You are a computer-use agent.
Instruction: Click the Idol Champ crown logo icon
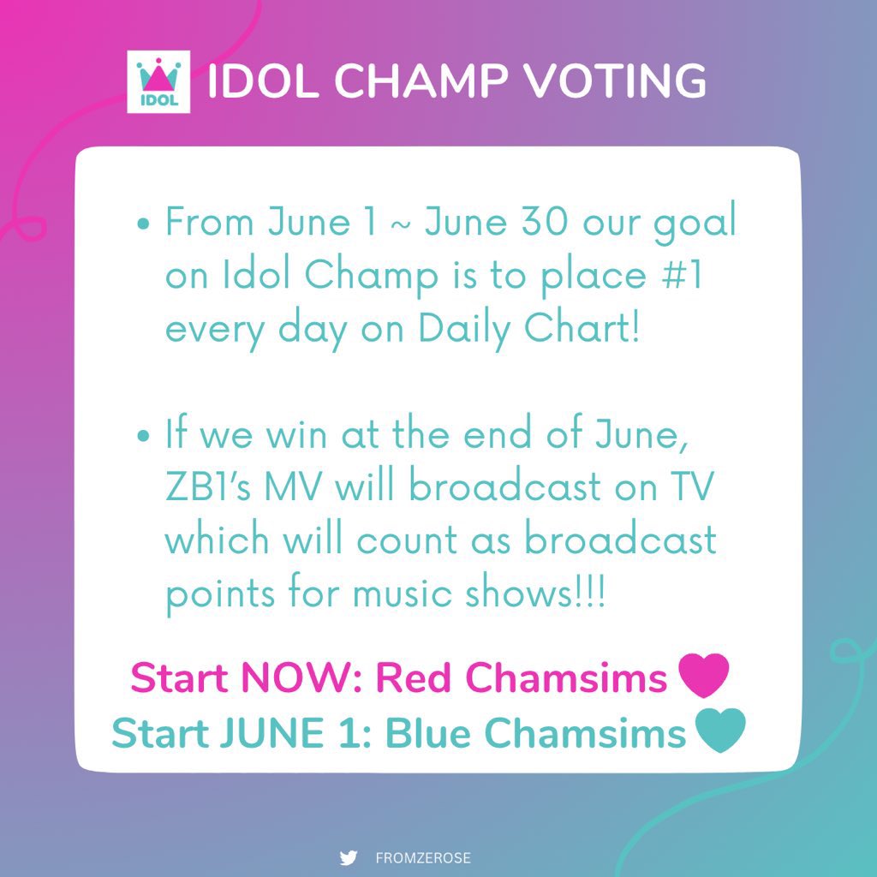(156, 81)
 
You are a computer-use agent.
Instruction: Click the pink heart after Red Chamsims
(702, 677)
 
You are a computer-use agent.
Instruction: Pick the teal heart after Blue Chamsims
(721, 732)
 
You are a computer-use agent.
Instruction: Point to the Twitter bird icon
(348, 858)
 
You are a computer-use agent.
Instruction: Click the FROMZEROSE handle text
(423, 858)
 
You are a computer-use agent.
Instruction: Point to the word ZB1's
(213, 487)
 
